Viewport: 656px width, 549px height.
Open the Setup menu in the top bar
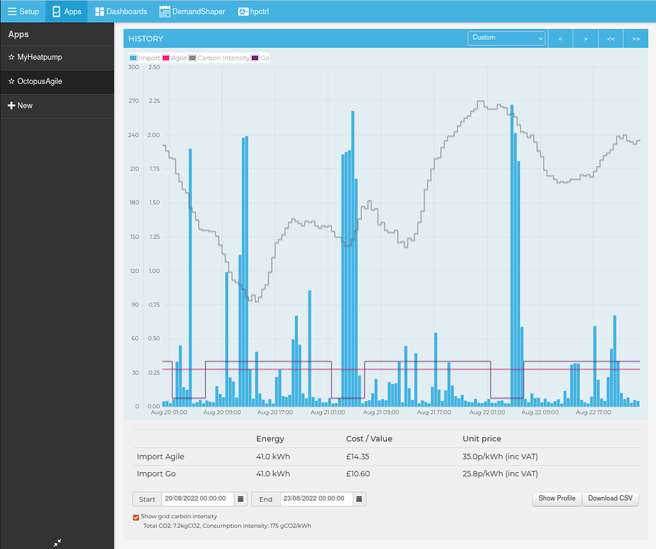point(23,12)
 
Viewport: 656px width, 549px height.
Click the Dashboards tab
point(121,12)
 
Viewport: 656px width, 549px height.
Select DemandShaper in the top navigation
point(192,12)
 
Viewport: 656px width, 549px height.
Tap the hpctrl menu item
point(253,12)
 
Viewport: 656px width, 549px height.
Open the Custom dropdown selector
point(506,38)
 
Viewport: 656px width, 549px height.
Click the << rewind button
point(611,39)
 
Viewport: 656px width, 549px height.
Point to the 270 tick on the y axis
point(134,101)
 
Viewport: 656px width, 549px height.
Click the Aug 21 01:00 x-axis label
point(328,413)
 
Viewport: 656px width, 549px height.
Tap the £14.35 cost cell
point(357,457)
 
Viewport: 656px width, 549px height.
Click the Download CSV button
point(610,498)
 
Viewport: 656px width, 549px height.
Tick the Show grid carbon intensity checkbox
point(136,517)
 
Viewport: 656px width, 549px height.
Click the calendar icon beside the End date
point(359,499)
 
